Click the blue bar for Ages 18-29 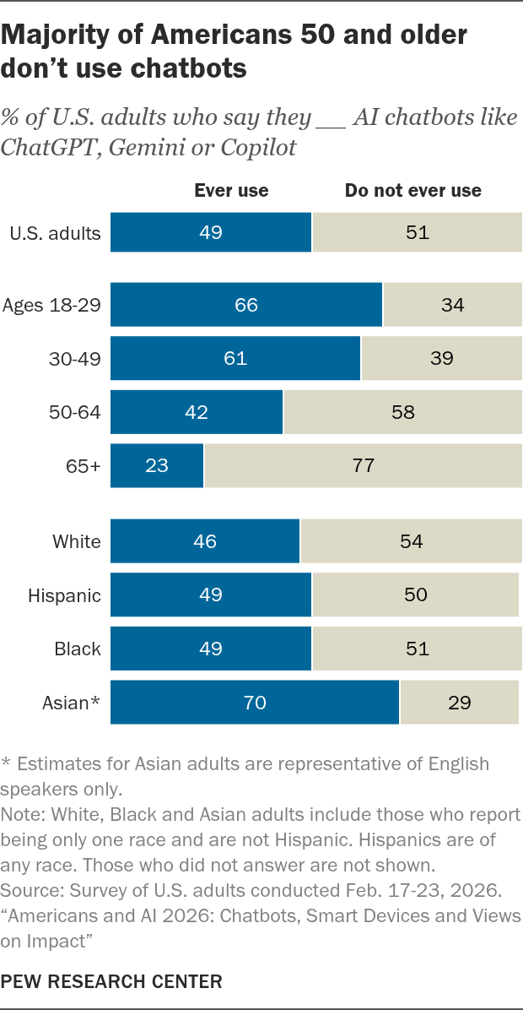[246, 304]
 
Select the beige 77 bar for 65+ [364, 465]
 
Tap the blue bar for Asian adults [255, 702]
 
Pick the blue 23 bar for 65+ [157, 465]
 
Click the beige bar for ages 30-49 [442, 358]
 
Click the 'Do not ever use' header [413, 191]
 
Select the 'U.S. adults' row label [56, 232]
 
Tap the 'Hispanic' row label [64, 595]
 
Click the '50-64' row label [75, 412]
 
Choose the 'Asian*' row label [72, 702]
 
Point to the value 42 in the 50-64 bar [197, 412]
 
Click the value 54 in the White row [411, 541]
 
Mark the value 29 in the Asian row [460, 702]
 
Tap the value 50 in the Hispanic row [416, 595]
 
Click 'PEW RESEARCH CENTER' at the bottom [112, 981]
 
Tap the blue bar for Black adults [211, 648]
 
